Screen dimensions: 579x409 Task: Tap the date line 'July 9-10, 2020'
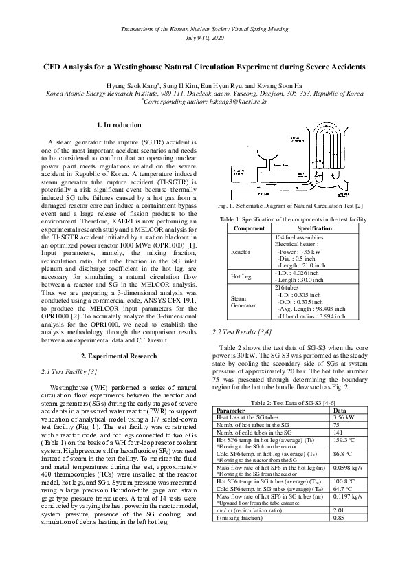click(204, 39)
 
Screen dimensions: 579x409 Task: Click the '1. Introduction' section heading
click(120, 125)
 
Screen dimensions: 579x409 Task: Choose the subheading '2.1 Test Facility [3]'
click(69, 371)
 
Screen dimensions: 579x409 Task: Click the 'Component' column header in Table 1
click(249, 228)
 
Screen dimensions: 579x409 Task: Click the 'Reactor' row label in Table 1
click(241, 252)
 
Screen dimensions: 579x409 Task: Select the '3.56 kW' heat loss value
click(345, 417)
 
